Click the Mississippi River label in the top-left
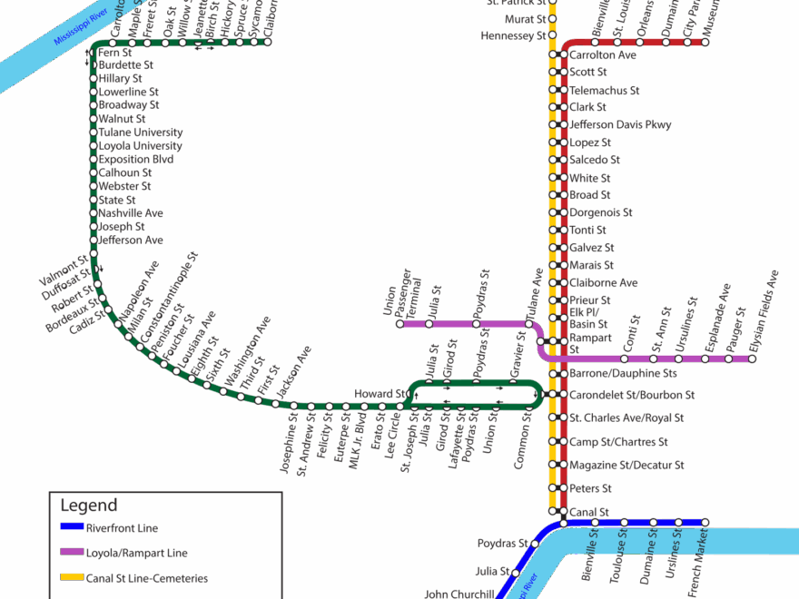[81, 26]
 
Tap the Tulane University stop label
[141, 132]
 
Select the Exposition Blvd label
[136, 159]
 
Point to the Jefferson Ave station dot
[93, 240]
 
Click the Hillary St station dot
[93, 78]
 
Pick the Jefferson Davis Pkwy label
[621, 124]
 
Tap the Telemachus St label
[605, 90]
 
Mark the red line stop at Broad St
[564, 195]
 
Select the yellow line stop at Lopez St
[552, 142]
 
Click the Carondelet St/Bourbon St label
[632, 396]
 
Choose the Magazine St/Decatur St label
[626, 466]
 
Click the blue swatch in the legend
[72, 526]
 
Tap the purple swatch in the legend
[72, 552]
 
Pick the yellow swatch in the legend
[72, 577]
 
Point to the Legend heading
[88, 506]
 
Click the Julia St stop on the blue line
[515, 573]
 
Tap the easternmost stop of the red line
[705, 42]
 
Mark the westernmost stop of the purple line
[399, 324]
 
